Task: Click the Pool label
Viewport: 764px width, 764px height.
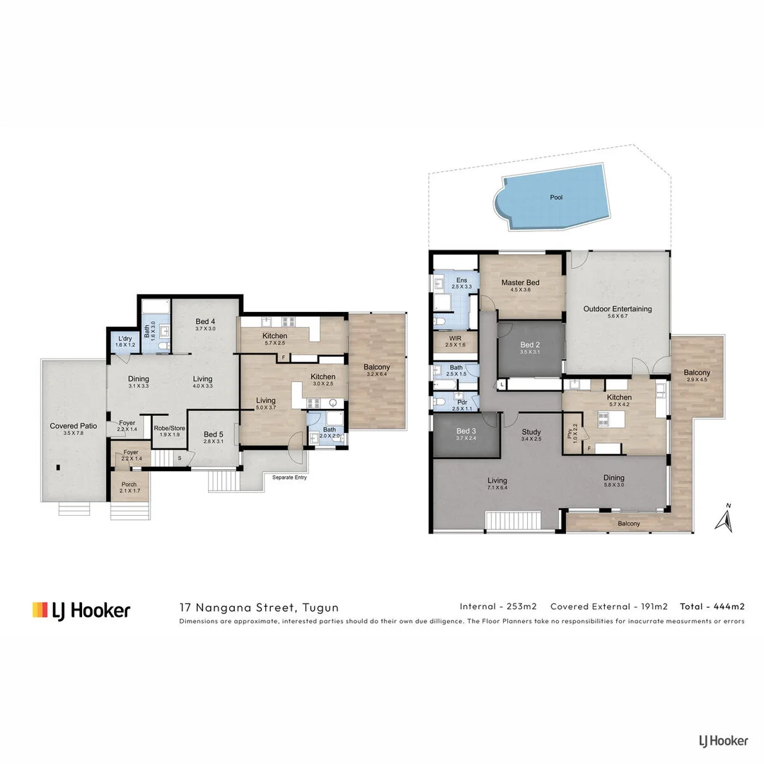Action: [556, 197]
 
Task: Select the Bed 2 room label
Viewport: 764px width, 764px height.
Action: [529, 345]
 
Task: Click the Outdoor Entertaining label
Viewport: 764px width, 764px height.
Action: [617, 309]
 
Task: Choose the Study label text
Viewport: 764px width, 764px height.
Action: [531, 432]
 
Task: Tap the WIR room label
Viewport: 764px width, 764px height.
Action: [456, 338]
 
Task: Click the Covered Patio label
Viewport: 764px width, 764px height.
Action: [73, 426]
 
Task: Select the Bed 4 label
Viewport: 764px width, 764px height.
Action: [205, 322]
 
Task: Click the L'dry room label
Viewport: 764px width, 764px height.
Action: [125, 339]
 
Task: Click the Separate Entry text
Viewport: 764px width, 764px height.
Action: [290, 477]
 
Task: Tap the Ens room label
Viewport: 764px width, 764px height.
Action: [461, 280]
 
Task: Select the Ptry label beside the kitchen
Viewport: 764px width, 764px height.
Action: [572, 432]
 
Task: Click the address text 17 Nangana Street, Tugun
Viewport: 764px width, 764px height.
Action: [259, 607]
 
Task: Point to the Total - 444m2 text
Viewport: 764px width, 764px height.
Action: [712, 606]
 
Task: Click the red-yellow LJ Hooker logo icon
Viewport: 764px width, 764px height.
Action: [40, 610]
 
